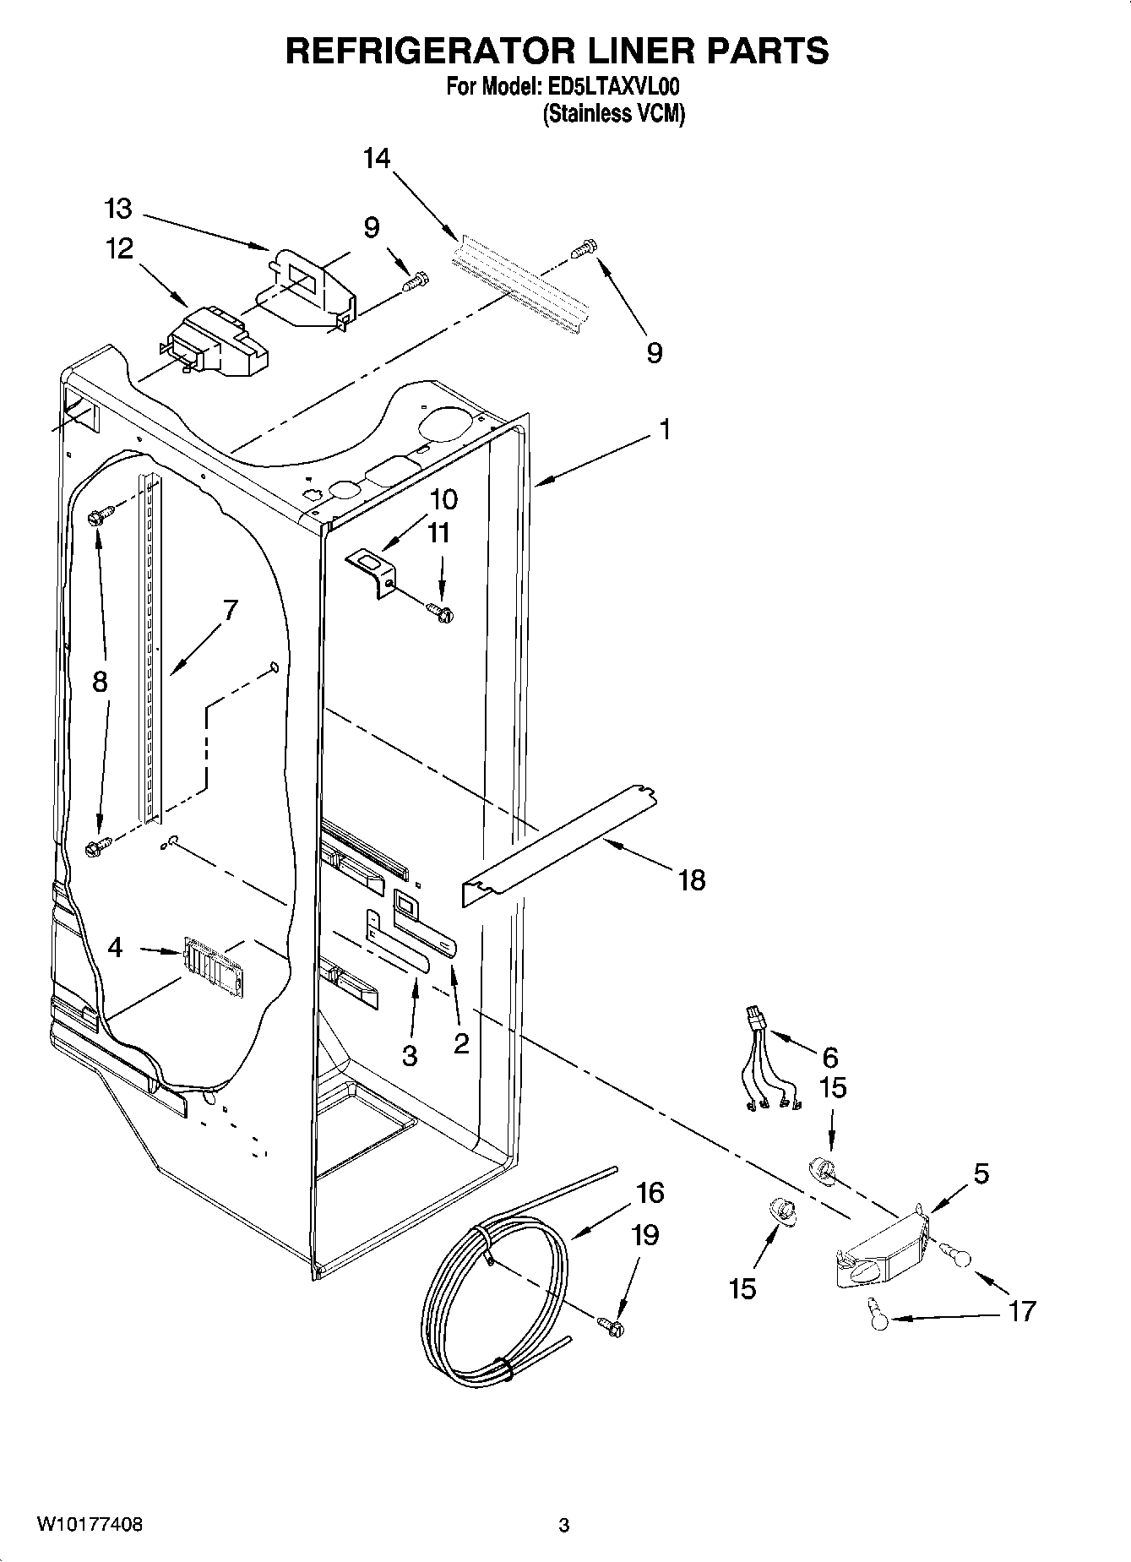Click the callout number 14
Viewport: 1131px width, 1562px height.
click(378, 158)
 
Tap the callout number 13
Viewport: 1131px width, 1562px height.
click(118, 208)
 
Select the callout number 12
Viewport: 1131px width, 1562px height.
click(119, 248)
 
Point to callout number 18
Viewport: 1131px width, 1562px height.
click(691, 880)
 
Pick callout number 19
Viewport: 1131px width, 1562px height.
click(645, 1235)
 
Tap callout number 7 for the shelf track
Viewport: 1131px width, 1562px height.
click(230, 610)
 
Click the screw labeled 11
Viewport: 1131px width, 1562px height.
click(438, 610)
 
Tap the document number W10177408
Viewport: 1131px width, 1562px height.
click(89, 1525)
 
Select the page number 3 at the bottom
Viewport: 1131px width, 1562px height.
click(564, 1526)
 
